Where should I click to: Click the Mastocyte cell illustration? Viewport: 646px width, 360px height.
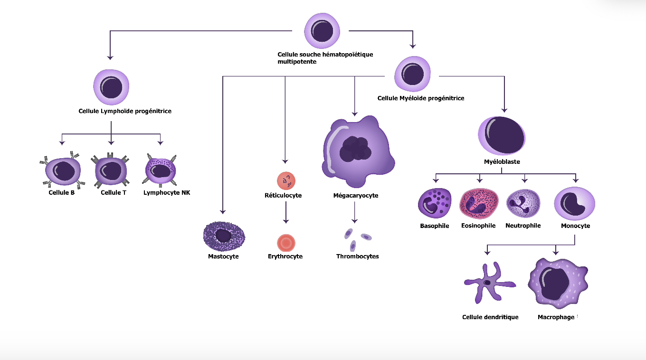[x=224, y=236]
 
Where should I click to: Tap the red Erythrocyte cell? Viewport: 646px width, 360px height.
[x=286, y=243]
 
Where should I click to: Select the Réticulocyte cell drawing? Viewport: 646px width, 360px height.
[x=286, y=180]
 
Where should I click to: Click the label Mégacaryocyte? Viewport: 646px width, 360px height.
[x=356, y=195]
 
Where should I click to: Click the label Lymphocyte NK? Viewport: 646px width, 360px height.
[x=167, y=193]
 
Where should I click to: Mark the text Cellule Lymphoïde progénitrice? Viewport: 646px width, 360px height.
[x=125, y=111]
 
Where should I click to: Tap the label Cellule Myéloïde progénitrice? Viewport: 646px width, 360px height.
[x=421, y=98]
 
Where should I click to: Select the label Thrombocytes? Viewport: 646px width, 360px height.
[x=358, y=256]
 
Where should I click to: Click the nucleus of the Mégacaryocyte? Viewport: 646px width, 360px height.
[x=355, y=149]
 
